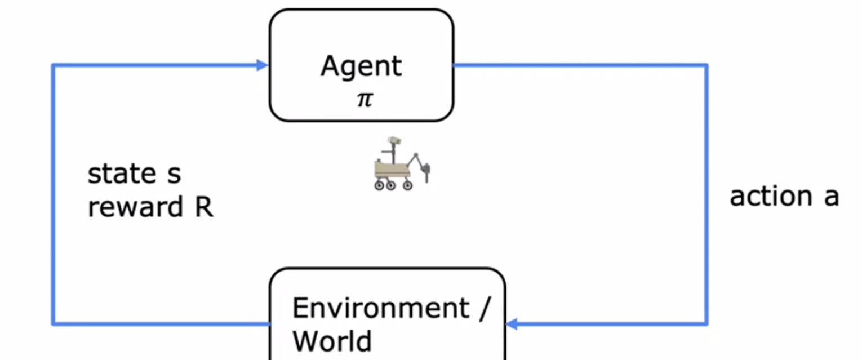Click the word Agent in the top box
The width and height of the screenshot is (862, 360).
(x=361, y=67)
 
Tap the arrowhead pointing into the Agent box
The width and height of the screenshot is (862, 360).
(x=262, y=65)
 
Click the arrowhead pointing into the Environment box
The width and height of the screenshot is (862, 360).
(x=512, y=324)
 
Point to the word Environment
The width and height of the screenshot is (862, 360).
(x=381, y=308)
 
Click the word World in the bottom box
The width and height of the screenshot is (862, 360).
(x=332, y=341)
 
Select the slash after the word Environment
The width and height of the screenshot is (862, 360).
(x=483, y=309)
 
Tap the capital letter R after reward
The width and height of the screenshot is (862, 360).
(x=204, y=207)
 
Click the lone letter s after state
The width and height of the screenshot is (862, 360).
(x=174, y=175)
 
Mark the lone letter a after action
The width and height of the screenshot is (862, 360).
(x=830, y=197)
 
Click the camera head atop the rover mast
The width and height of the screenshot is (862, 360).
(x=393, y=140)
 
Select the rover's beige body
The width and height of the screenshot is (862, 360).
(x=392, y=169)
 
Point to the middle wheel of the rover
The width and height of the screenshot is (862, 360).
(x=392, y=185)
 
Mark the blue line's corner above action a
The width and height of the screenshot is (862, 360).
(x=707, y=66)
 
